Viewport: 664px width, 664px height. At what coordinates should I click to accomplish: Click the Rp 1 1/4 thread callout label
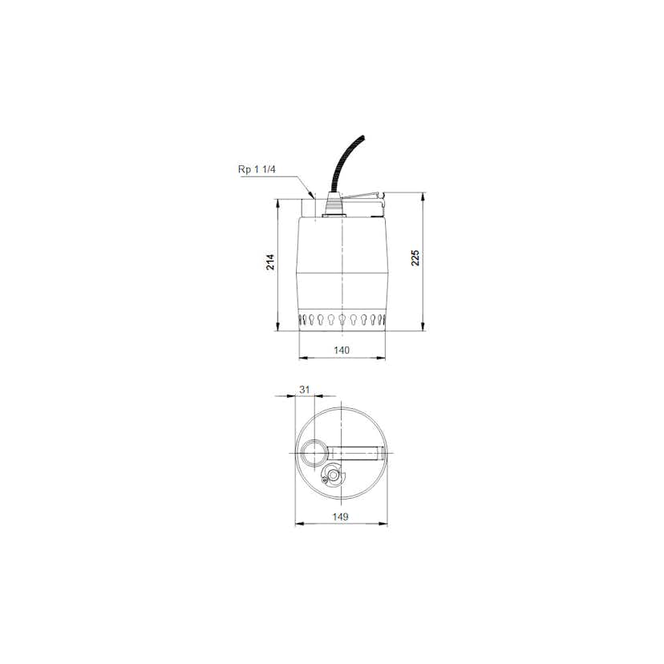point(257,169)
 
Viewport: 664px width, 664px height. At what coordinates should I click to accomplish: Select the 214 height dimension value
point(270,262)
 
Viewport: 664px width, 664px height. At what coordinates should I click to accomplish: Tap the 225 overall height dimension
point(415,258)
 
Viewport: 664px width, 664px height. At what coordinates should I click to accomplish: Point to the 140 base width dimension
point(342,350)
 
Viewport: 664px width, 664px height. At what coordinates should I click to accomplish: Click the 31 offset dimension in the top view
point(305,390)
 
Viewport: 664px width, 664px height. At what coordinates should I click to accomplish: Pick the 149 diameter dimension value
point(341,516)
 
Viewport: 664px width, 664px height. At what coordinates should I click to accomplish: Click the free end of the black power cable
point(362,137)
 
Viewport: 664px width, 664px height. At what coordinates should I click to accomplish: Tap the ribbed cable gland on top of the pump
point(333,204)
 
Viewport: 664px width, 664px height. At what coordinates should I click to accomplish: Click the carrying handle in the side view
point(363,198)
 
